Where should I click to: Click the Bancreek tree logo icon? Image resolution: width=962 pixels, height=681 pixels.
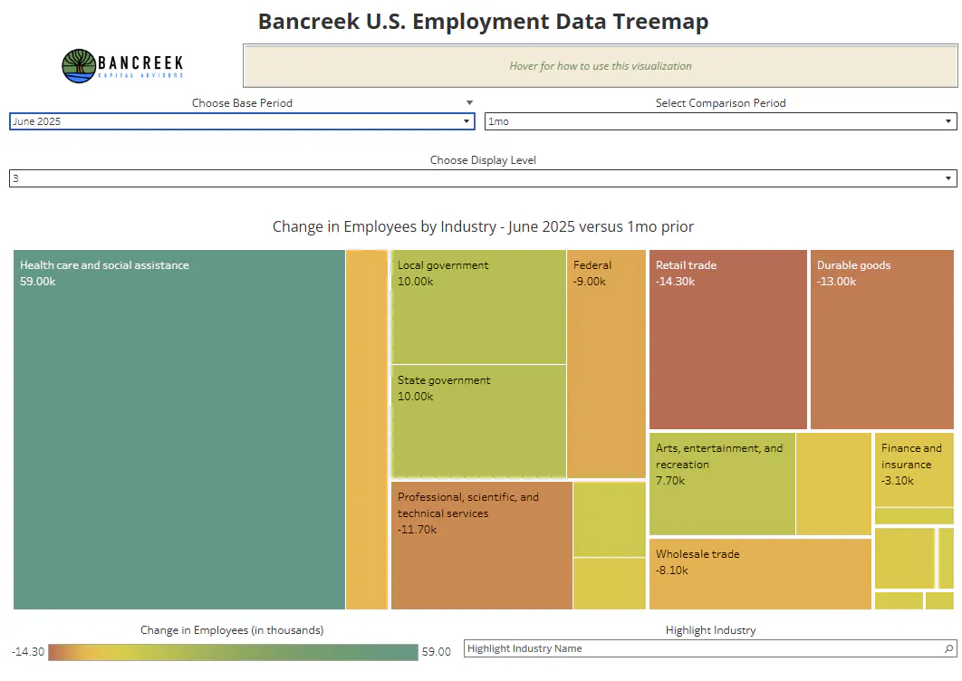tap(79, 65)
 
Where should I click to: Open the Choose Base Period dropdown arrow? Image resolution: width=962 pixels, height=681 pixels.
tap(467, 121)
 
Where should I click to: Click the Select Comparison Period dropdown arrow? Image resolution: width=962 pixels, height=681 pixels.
tap(948, 121)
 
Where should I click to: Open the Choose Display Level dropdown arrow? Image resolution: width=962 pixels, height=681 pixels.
tap(948, 178)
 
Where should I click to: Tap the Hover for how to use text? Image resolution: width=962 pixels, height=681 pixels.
tap(600, 66)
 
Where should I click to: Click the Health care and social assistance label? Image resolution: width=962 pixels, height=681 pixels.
tap(104, 265)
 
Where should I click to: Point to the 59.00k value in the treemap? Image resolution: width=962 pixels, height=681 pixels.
tap(37, 282)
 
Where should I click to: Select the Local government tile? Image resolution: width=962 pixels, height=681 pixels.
tap(478, 307)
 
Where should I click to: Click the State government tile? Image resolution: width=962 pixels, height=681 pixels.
tap(478, 421)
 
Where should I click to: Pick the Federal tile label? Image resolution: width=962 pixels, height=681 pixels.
tap(592, 265)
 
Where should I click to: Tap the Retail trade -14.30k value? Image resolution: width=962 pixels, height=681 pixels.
tap(675, 282)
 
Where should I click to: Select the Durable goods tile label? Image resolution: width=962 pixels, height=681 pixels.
tap(853, 265)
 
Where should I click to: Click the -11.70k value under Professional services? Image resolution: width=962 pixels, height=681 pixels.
tap(417, 530)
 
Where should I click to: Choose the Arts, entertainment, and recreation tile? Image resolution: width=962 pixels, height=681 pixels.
tap(722, 484)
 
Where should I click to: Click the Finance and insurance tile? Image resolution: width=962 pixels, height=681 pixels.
tap(914, 469)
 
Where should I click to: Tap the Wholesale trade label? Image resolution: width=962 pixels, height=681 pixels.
tap(697, 554)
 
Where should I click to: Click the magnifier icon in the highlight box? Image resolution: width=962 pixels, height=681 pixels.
tap(948, 648)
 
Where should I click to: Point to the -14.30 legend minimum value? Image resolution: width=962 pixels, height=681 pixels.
tap(27, 651)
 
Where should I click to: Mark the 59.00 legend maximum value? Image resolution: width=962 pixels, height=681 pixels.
tap(437, 651)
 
